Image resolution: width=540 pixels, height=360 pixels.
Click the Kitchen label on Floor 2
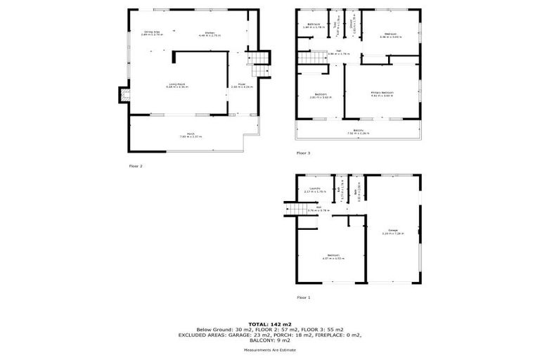210,34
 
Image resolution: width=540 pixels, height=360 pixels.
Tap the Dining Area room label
153,32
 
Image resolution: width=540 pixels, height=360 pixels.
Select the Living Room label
176,84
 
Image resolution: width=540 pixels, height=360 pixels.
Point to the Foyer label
240,84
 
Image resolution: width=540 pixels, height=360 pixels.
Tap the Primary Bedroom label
382,93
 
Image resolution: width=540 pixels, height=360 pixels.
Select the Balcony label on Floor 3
358,130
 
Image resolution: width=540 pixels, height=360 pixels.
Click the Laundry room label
316,188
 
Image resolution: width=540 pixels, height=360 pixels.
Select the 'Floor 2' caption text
136,166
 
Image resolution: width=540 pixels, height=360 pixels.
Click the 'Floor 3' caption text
303,153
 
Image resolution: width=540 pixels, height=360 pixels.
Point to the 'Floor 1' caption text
303,297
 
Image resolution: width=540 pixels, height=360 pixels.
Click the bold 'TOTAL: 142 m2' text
270,323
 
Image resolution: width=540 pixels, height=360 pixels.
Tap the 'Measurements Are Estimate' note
270,349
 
